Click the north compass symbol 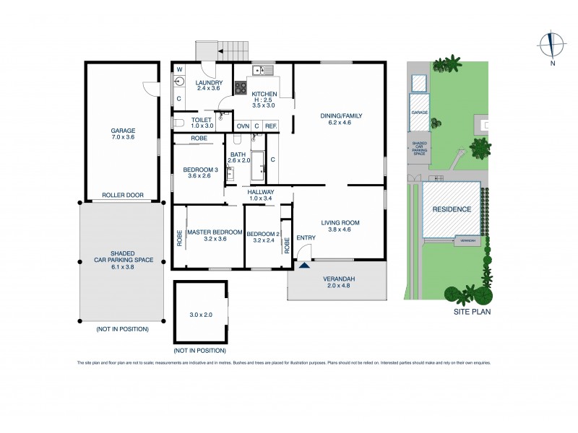click(552, 45)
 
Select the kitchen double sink click(262, 70)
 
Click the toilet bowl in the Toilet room click(179, 122)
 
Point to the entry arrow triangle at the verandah click(304, 265)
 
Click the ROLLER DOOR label click(121, 195)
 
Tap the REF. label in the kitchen click(270, 126)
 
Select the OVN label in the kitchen click(243, 126)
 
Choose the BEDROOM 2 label click(262, 235)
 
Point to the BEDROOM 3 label click(197, 170)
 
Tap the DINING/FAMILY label click(341, 115)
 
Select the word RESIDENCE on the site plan click(452, 209)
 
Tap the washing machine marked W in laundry click(180, 71)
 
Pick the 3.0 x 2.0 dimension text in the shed click(201, 315)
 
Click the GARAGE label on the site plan click(419, 113)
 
